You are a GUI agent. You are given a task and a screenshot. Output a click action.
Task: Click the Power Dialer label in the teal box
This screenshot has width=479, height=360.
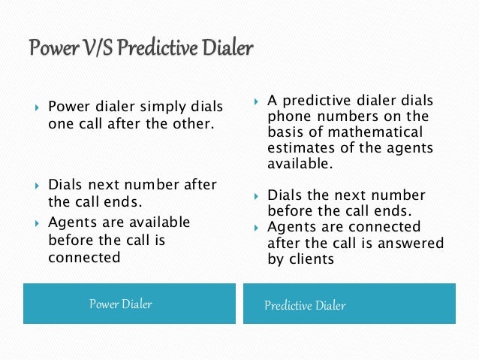pos(121,304)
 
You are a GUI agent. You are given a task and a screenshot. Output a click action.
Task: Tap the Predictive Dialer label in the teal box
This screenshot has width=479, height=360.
pos(305,305)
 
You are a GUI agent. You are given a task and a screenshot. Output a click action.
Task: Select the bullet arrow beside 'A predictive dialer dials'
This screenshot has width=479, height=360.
pos(256,100)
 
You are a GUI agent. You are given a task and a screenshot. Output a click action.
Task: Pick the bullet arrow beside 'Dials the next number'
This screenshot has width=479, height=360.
pos(256,195)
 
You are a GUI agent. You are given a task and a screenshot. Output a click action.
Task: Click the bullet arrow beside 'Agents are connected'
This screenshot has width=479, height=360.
pos(256,227)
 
